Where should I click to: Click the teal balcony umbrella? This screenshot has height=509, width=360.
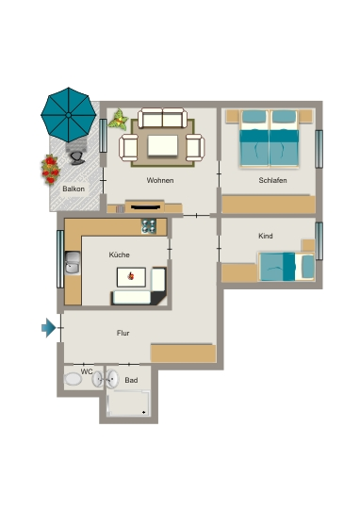pos(69,115)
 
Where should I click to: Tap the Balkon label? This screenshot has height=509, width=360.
pos(74,189)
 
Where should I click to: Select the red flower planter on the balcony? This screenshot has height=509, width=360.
pos(50,169)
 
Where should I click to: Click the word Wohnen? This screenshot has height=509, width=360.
pos(160,180)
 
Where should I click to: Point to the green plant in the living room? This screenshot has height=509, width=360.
pos(118,120)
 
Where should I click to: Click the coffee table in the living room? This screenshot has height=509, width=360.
pos(163,146)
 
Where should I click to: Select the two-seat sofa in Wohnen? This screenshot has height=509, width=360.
pos(162,118)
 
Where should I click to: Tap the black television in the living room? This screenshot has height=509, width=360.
pos(144,206)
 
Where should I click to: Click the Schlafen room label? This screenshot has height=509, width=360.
pos(272,180)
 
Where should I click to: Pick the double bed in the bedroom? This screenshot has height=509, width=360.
pos(269,139)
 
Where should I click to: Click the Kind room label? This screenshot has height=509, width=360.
pos(266,236)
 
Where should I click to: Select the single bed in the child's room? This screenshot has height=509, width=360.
pos(286,267)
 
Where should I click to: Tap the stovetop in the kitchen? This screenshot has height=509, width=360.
pos(149,226)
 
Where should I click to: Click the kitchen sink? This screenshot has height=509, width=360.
pos(73,263)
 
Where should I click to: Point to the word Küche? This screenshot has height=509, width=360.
pos(120,254)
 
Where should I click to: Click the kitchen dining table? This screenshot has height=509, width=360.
pos(132,277)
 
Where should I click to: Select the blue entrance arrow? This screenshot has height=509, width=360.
pos(49,328)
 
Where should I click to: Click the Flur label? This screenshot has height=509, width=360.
pos(123,333)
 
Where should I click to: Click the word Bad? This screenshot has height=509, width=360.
pos(131,380)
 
